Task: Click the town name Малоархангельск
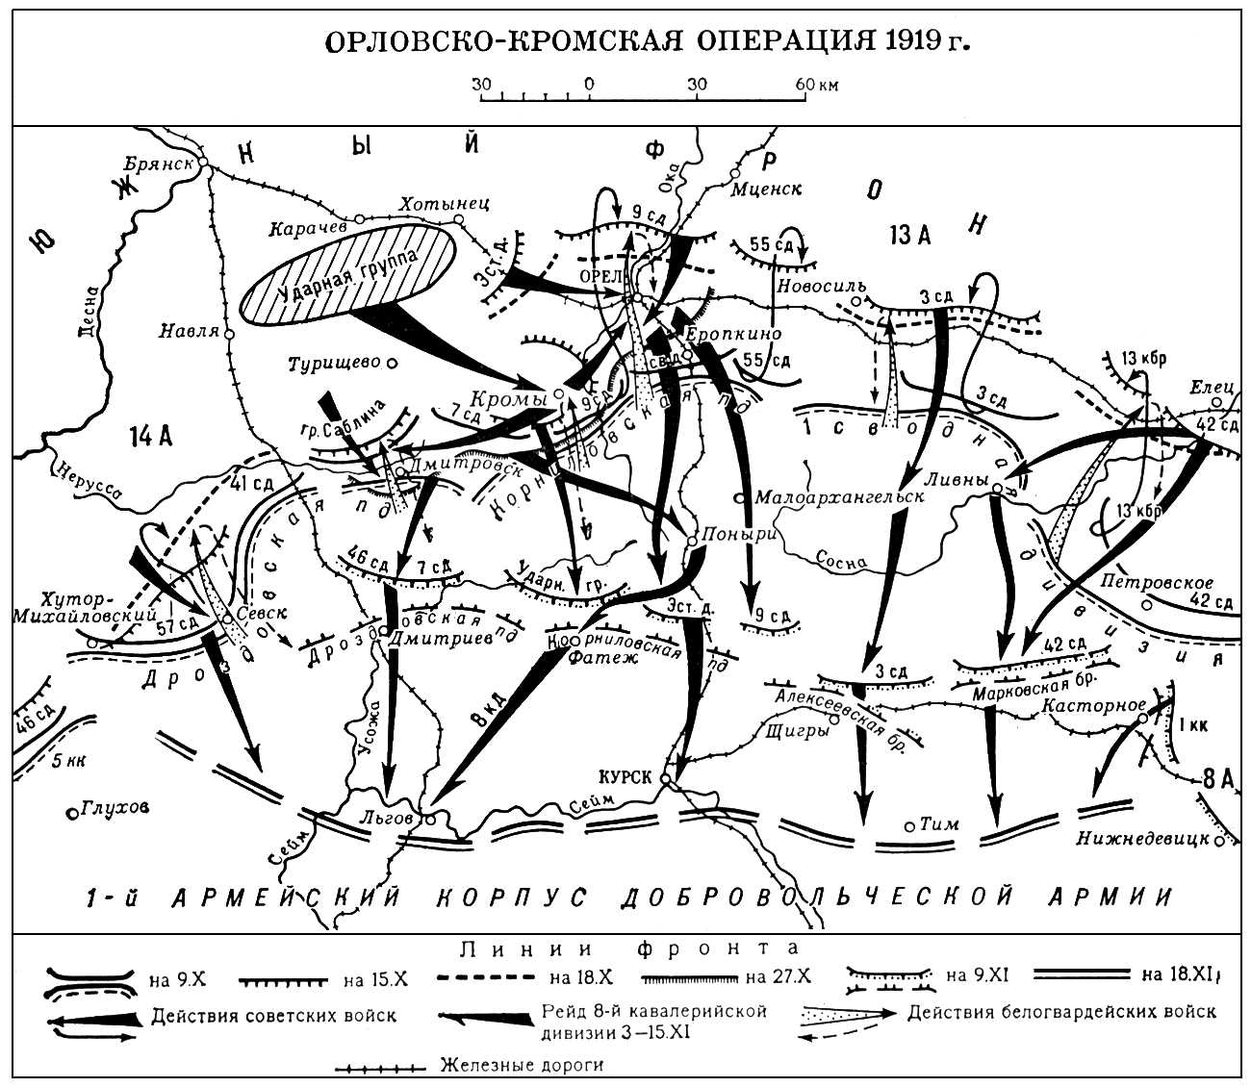840,497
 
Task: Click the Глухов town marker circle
72,813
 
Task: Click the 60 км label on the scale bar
816,85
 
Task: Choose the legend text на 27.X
779,978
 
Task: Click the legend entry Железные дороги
523,1065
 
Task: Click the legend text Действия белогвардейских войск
1061,1011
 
